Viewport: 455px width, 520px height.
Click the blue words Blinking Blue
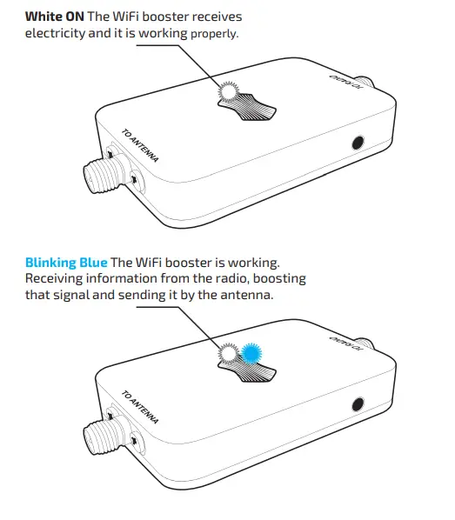tap(66, 263)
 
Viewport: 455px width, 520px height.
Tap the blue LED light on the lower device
tap(252, 353)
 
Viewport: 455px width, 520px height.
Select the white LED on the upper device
tap(229, 91)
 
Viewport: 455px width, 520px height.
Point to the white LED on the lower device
tap(229, 353)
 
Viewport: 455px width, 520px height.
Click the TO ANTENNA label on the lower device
tap(140, 410)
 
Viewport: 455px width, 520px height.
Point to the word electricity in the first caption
tap(59, 33)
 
